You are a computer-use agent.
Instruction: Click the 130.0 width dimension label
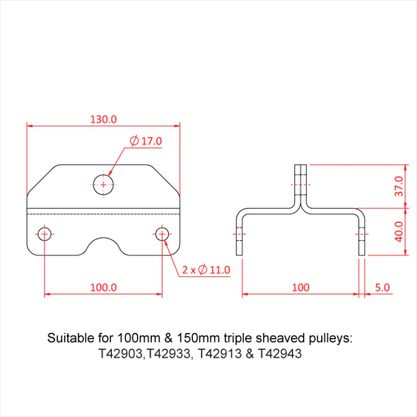pyautogui.click(x=104, y=119)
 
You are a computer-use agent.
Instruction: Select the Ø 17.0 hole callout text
pyautogui.click(x=146, y=141)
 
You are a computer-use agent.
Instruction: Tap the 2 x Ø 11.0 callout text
pyautogui.click(x=206, y=270)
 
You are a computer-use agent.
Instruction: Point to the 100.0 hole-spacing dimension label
pyautogui.click(x=104, y=287)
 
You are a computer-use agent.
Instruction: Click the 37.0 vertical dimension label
pyautogui.click(x=399, y=186)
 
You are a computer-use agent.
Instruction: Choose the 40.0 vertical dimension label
pyautogui.click(x=399, y=232)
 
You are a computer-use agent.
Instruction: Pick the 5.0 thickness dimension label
pyautogui.click(x=382, y=287)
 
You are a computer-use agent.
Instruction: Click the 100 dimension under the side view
pyautogui.click(x=300, y=287)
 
